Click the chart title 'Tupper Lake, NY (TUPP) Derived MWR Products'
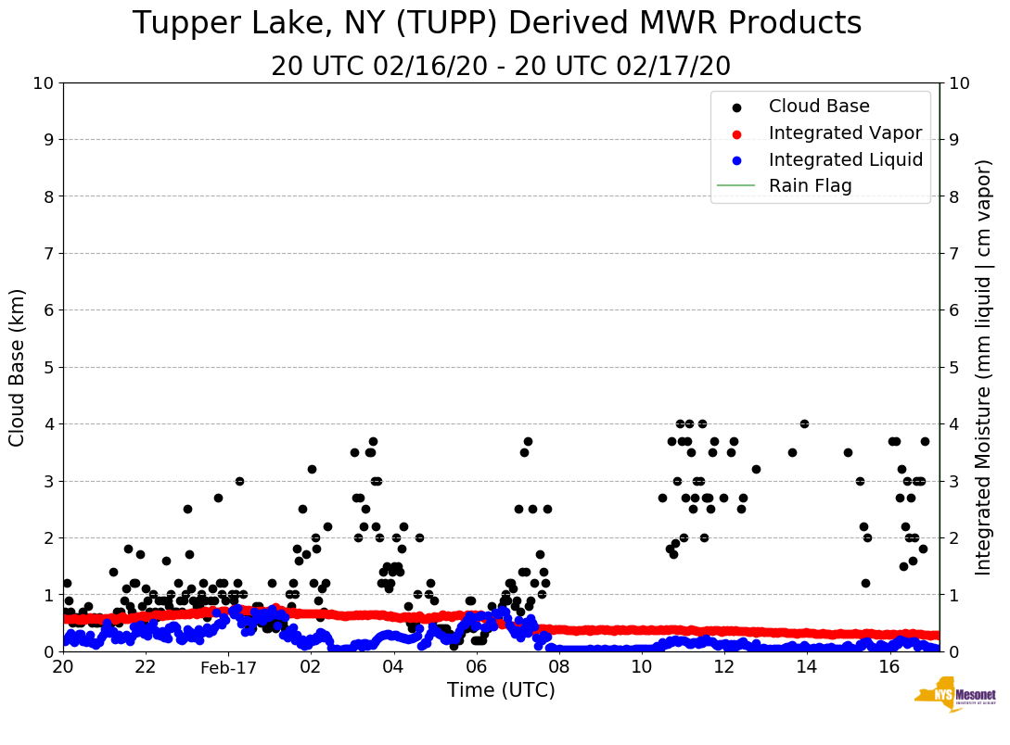[497, 24]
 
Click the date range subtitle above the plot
[501, 67]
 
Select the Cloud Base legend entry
[819, 107]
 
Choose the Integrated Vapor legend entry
[845, 133]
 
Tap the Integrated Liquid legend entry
[845, 159]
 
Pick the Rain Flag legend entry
[810, 186]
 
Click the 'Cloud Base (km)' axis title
[18, 367]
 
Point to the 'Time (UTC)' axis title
[501, 690]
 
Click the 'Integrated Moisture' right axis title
[984, 367]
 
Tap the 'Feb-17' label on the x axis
[227, 667]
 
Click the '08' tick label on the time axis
[558, 667]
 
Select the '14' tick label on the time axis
[806, 667]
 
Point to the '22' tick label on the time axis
[145, 667]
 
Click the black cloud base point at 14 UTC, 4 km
[804, 423]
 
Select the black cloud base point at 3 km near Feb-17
[239, 481]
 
